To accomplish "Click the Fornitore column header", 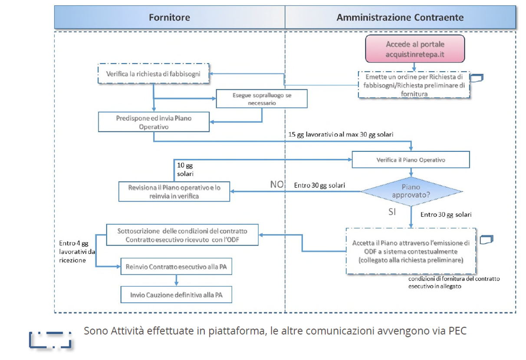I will pos(169,17).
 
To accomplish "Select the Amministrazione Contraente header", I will pos(400,17).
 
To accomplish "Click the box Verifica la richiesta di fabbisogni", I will pos(153,74).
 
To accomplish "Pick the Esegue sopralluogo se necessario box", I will pos(261,99).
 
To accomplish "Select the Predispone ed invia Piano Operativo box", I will pos(154,122).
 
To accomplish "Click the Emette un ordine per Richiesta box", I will pos(414,85).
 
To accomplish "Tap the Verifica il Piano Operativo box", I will pos(411,160).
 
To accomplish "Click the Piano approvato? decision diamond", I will pos(411,191).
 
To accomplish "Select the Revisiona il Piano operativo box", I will pos(174,191).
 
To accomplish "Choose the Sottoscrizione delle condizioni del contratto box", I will pos(182,235).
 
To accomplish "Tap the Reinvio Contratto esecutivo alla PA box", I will pos(176,267).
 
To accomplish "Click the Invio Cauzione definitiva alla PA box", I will pos(176,295).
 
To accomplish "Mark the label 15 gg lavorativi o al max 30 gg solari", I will pos(341,134).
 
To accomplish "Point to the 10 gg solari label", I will pos(185,170).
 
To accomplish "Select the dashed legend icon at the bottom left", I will pos(50,340).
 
